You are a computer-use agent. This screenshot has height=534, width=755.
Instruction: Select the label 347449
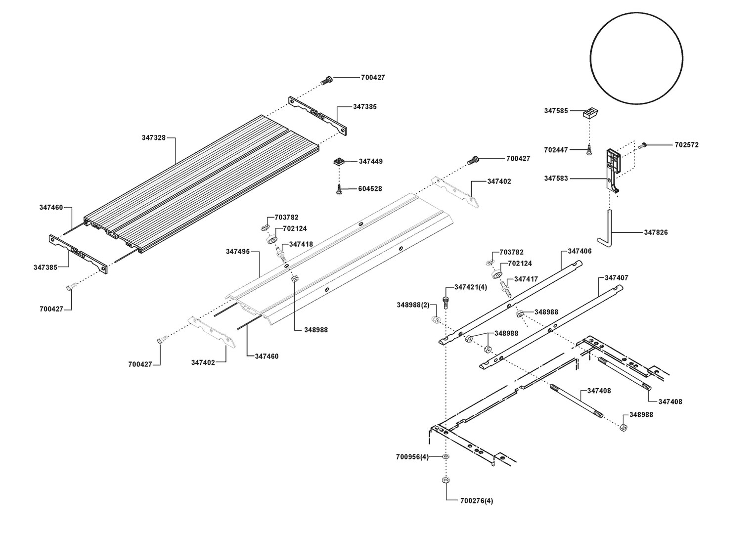coord(370,162)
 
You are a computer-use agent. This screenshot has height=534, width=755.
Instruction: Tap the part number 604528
coord(370,189)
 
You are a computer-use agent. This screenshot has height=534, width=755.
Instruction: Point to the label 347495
coord(238,252)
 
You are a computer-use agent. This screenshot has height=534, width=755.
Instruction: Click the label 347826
coord(656,232)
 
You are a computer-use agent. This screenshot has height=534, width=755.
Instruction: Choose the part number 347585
coord(556,111)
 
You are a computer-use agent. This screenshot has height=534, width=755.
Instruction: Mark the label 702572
coord(687,145)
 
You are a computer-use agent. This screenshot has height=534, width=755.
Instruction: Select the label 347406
coord(579,252)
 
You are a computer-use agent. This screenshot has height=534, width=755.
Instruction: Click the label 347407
coord(616,278)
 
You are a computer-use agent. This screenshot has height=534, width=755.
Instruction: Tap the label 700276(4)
coord(477,501)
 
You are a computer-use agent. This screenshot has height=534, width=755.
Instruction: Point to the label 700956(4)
coord(412,457)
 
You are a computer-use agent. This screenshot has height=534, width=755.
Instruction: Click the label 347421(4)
coord(470,287)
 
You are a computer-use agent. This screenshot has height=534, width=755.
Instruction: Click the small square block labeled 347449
coord(339,162)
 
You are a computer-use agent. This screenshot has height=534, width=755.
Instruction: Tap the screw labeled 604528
coord(339,189)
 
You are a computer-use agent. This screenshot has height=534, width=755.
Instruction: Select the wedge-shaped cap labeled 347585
coord(590,113)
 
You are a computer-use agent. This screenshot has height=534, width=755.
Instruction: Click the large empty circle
coord(636,57)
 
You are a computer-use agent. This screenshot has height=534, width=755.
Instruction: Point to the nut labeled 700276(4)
coord(445,480)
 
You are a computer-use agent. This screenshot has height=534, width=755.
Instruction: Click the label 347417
coord(526,279)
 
